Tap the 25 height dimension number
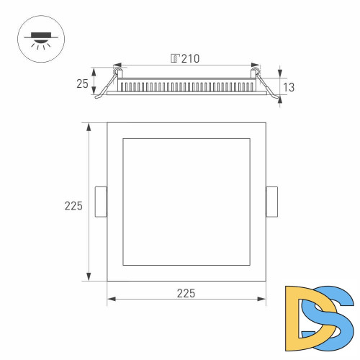tap(82, 83)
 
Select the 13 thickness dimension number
tap(289, 87)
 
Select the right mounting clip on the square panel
tap(271, 201)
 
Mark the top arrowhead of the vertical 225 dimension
tap(89, 127)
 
